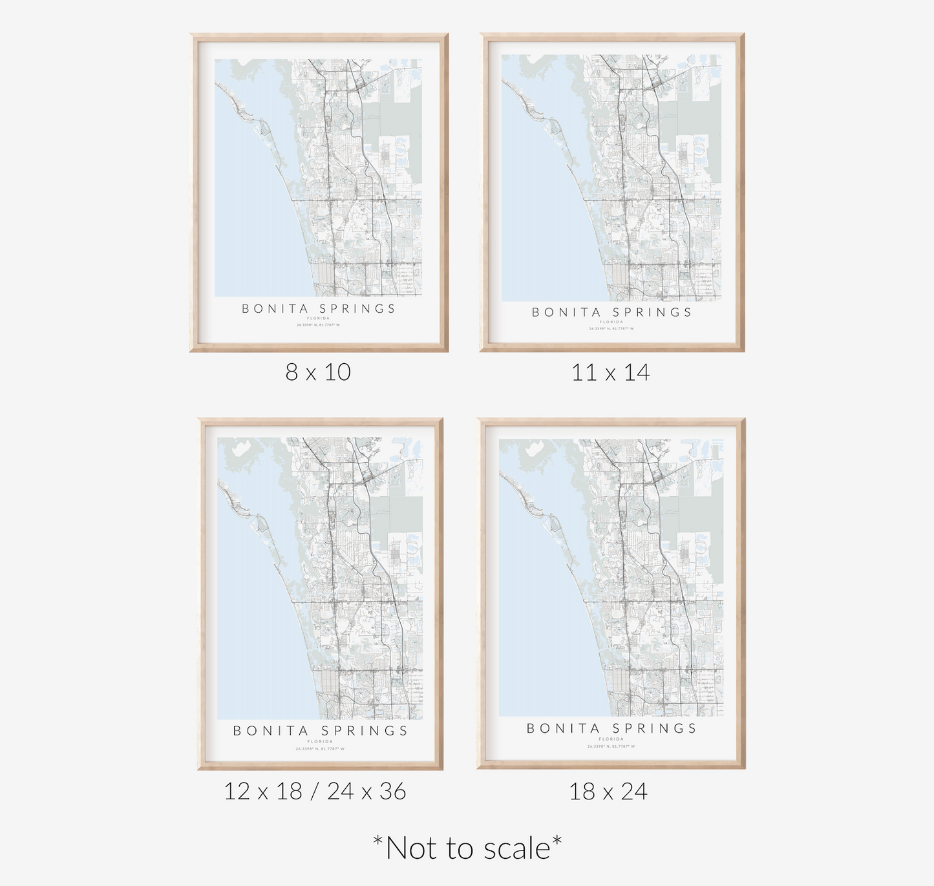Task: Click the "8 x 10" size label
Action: pos(318,372)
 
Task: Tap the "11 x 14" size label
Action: pos(610,373)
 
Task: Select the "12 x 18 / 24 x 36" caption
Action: pos(315,791)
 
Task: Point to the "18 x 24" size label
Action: pos(608,792)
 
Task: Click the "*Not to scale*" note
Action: pos(467,848)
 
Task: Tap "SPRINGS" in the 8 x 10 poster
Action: pos(357,309)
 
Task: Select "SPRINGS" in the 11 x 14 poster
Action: pos(652,312)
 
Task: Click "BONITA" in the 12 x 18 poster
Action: pos(271,731)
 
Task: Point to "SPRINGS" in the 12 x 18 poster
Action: pos(365,731)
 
